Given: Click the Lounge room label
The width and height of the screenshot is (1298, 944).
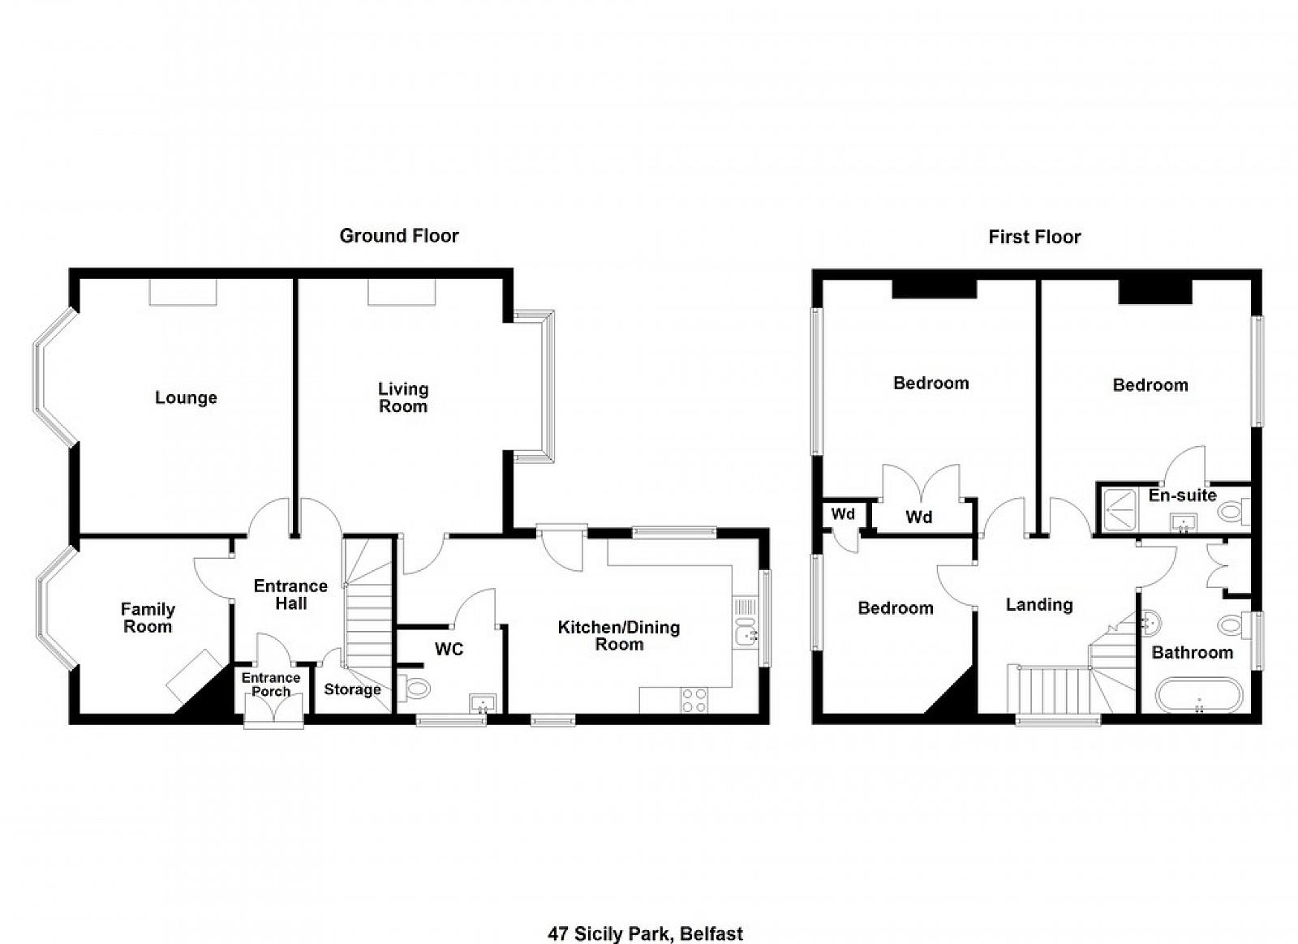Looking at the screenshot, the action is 186,398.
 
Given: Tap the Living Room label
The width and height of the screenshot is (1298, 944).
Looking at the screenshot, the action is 403,398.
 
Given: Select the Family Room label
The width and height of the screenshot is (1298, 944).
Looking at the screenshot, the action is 148,618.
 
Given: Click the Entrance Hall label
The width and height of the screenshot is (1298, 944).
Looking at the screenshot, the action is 291,594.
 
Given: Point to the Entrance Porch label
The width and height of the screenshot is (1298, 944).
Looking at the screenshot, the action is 271,684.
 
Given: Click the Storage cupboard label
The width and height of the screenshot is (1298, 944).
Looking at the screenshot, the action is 352,690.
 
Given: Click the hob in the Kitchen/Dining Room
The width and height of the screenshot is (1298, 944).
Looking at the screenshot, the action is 694,700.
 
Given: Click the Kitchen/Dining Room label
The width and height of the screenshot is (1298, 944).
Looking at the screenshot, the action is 619,636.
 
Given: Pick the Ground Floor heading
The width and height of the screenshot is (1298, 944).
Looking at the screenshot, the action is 399,236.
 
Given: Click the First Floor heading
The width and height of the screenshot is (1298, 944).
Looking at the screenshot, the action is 1035,237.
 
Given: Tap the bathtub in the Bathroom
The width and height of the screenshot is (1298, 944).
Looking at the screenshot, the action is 1199,696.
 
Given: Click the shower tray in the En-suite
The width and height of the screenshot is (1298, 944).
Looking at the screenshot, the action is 1119,510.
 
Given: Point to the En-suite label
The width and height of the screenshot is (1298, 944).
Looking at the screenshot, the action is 1183,496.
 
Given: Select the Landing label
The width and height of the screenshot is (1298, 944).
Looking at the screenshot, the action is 1039,605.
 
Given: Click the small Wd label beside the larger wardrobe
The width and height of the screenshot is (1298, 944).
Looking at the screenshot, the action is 843,513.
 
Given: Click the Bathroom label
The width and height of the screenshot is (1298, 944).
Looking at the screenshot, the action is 1193,653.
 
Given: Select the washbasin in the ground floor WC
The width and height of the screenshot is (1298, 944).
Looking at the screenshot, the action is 482,703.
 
